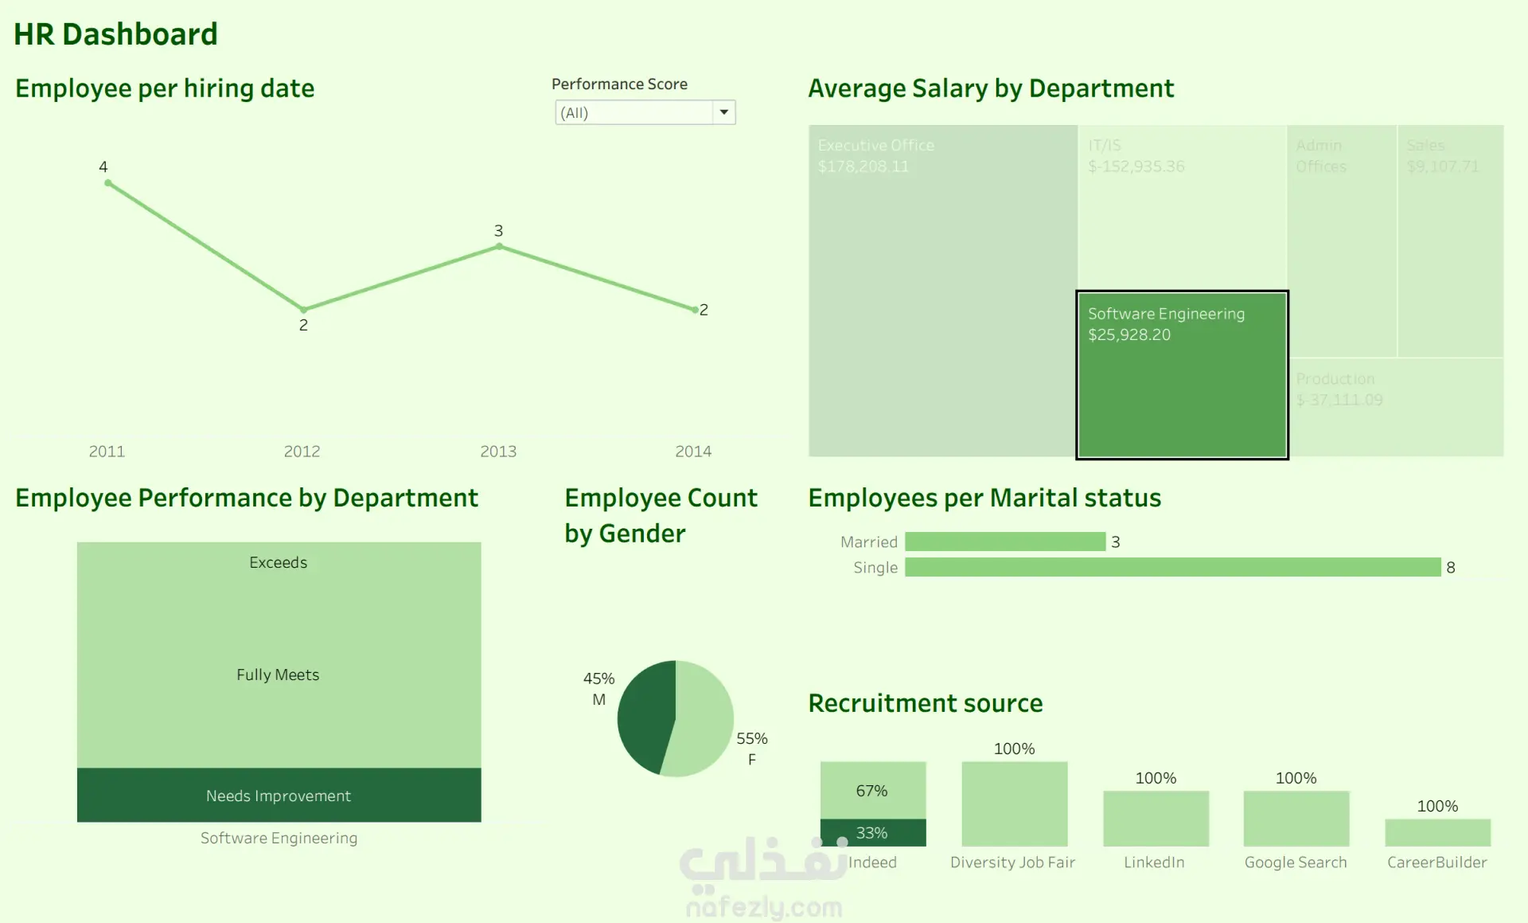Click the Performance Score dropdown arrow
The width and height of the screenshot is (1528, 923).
click(x=723, y=112)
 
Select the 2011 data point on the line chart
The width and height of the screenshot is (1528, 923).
click(x=108, y=183)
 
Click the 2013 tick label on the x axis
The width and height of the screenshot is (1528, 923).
click(x=498, y=452)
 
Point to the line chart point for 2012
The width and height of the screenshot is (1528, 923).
click(x=303, y=309)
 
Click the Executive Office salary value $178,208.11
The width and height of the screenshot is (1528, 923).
click(x=863, y=166)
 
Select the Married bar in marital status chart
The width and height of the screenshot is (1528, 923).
click(x=1005, y=542)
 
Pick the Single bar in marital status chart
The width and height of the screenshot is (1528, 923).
click(x=1172, y=567)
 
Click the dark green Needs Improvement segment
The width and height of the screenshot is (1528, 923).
click(x=279, y=795)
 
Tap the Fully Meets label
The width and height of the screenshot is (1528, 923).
click(x=278, y=675)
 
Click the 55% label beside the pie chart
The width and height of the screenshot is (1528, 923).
click(x=751, y=738)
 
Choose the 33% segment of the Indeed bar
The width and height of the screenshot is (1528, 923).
click(x=873, y=832)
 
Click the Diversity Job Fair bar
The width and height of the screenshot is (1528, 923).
click(x=1014, y=804)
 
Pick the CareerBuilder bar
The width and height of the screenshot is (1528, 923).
click(x=1437, y=832)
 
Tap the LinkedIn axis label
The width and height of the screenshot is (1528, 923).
click(x=1154, y=862)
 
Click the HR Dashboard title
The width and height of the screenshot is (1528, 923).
click(x=115, y=34)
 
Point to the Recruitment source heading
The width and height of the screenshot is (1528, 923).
click(x=926, y=703)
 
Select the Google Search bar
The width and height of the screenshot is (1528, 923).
click(x=1296, y=818)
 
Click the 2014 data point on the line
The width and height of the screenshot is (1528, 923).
click(x=695, y=310)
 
